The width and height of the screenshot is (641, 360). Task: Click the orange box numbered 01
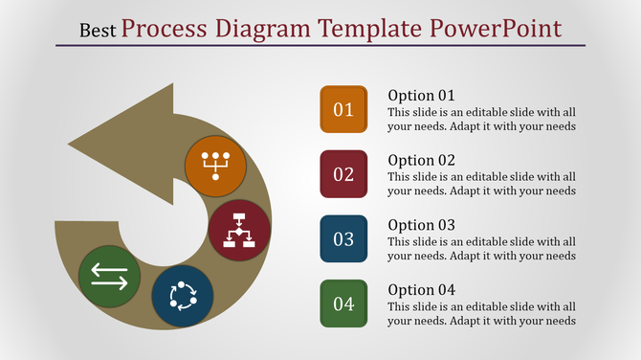click(343, 109)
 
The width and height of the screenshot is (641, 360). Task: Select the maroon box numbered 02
click(343, 174)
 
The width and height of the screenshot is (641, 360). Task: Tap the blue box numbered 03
click(343, 239)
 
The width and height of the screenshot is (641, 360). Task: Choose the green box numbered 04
click(343, 304)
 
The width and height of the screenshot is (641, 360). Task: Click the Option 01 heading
click(421, 96)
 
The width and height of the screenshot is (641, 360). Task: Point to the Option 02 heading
click(421, 160)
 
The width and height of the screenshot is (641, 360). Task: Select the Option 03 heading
click(421, 225)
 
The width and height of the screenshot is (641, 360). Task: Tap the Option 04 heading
click(421, 290)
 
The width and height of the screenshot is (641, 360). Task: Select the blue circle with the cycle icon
click(182, 295)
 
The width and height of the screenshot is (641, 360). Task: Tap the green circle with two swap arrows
click(109, 277)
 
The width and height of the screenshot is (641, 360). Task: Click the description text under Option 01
click(481, 119)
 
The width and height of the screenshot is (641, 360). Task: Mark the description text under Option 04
click(481, 313)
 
